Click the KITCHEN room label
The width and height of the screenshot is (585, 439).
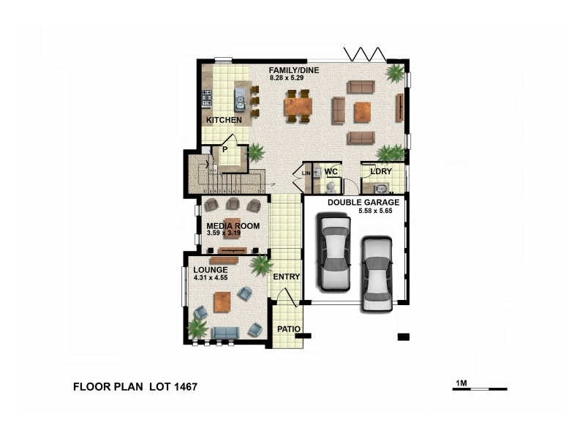click(224, 120)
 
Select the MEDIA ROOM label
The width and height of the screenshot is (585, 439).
click(233, 226)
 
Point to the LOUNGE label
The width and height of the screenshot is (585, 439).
click(211, 270)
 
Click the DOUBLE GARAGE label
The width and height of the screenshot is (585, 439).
click(363, 202)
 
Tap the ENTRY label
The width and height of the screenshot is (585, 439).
click(287, 277)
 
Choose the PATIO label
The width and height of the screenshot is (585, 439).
click(289, 329)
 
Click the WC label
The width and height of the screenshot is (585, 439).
click(331, 172)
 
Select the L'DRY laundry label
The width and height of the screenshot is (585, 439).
click(381, 172)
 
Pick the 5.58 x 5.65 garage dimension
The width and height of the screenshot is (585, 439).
click(376, 211)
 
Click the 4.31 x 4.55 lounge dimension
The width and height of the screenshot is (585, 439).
click(211, 278)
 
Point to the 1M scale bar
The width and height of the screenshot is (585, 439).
click(480, 388)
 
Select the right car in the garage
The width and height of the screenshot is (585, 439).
click(377, 274)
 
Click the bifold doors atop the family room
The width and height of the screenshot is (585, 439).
click(365, 54)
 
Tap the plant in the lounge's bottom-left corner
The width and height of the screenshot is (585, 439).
click(197, 329)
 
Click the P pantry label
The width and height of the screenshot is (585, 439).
click(225, 149)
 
